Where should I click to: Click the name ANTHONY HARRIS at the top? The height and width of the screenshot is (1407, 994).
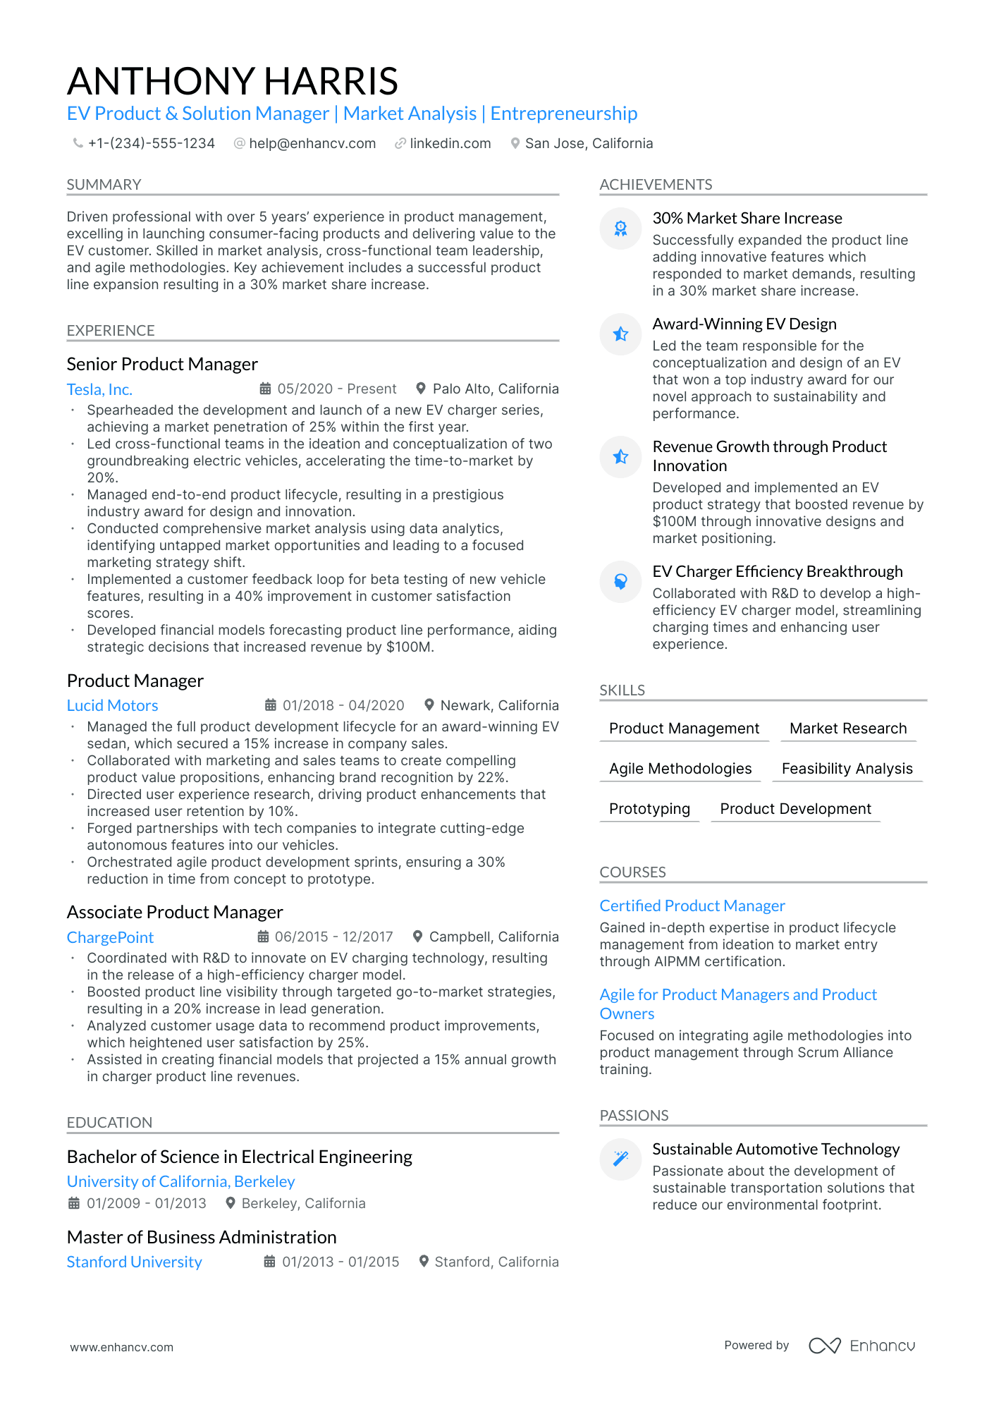[233, 81]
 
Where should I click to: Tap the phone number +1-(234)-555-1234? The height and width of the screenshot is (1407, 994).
[151, 144]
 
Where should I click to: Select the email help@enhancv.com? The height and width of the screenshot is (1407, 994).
[312, 144]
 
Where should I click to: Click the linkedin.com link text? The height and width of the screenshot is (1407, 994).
[450, 144]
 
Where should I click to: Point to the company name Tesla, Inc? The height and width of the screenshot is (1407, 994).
[99, 389]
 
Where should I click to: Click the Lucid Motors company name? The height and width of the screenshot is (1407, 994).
[112, 706]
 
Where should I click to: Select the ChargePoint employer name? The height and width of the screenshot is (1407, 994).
[110, 937]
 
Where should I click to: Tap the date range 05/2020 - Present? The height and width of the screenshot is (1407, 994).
[336, 389]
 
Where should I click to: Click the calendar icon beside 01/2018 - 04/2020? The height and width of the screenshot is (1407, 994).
[270, 705]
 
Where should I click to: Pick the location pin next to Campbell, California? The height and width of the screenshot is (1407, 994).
[417, 937]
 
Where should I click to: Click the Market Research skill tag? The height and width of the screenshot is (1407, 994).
[847, 729]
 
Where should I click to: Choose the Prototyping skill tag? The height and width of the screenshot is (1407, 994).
[649, 809]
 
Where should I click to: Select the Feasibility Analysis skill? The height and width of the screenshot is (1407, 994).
[847, 769]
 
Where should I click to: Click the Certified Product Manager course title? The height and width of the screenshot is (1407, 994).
[692, 906]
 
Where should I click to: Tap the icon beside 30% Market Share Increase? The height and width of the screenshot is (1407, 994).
[620, 228]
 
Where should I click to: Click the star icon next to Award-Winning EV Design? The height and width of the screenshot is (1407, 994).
[620, 334]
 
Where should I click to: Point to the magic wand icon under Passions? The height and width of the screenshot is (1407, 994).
[620, 1159]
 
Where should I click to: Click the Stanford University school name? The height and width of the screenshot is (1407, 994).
[134, 1262]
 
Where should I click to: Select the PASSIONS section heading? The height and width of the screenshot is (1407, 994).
[634, 1116]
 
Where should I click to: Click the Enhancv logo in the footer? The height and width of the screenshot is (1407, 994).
[861, 1346]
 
